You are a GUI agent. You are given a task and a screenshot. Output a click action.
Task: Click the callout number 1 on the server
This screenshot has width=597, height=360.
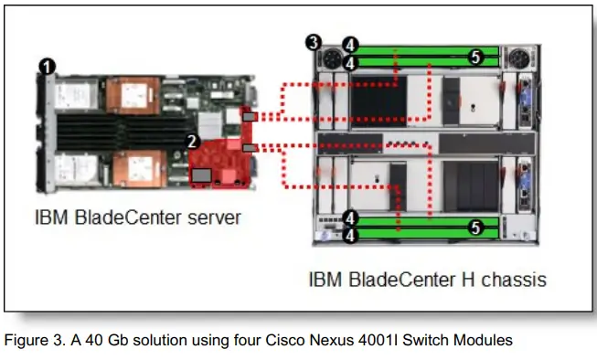pyautogui.click(x=45, y=65)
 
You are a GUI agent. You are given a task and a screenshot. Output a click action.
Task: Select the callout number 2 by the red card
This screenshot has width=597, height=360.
pyautogui.click(x=190, y=141)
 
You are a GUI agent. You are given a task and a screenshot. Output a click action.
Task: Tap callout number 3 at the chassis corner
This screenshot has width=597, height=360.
pyautogui.click(x=314, y=42)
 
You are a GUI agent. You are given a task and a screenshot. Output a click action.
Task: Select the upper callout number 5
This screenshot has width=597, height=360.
pyautogui.click(x=474, y=56)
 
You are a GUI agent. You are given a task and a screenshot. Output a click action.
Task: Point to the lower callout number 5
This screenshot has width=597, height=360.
pyautogui.click(x=474, y=228)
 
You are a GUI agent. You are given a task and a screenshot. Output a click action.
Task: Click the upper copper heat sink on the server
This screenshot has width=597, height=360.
pyautogui.click(x=144, y=93)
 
